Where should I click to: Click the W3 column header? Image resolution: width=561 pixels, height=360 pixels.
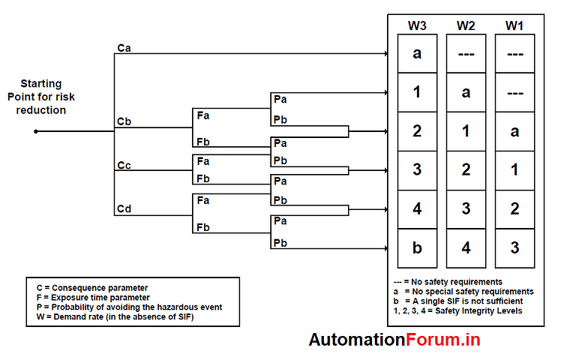click(418, 25)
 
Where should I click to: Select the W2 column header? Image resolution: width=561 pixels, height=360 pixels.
click(466, 25)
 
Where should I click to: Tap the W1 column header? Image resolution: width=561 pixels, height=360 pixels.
click(514, 25)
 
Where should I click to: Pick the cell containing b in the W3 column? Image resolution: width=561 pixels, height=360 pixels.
click(418, 248)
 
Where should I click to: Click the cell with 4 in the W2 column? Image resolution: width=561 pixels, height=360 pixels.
click(466, 248)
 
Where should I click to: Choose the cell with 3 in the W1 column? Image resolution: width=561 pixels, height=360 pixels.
click(514, 248)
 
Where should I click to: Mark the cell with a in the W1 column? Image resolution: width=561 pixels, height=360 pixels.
click(514, 130)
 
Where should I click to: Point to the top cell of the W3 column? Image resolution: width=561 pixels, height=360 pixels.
click(418, 53)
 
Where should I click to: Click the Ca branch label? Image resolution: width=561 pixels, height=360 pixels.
click(124, 48)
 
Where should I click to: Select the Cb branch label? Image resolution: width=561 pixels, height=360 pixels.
click(124, 121)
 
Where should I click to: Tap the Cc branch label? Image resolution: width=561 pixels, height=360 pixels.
click(124, 165)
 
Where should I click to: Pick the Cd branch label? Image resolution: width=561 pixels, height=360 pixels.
click(124, 208)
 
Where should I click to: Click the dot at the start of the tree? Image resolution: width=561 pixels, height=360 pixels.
click(35, 131)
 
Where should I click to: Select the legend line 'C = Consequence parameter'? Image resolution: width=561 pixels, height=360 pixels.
click(92, 287)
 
